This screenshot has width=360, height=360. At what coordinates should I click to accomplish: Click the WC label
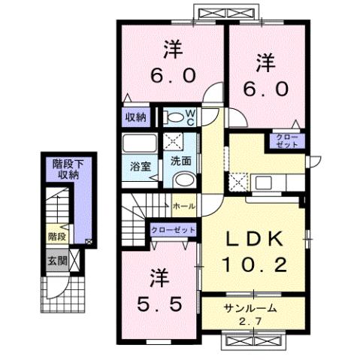(x=190, y=118)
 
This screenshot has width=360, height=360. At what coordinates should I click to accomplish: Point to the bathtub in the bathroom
(x=138, y=144)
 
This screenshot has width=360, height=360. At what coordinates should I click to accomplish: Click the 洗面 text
(x=179, y=160)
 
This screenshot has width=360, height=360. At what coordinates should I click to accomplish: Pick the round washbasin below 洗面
(x=183, y=179)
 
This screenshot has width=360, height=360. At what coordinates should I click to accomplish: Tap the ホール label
(x=184, y=205)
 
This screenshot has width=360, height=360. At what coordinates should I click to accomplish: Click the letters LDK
(x=255, y=239)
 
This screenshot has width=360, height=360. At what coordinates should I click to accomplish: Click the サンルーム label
(x=252, y=309)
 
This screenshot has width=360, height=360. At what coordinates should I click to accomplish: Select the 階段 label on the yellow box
(x=56, y=236)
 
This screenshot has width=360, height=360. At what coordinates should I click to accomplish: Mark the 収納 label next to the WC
(x=135, y=117)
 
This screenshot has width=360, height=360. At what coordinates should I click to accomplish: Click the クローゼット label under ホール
(x=173, y=229)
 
